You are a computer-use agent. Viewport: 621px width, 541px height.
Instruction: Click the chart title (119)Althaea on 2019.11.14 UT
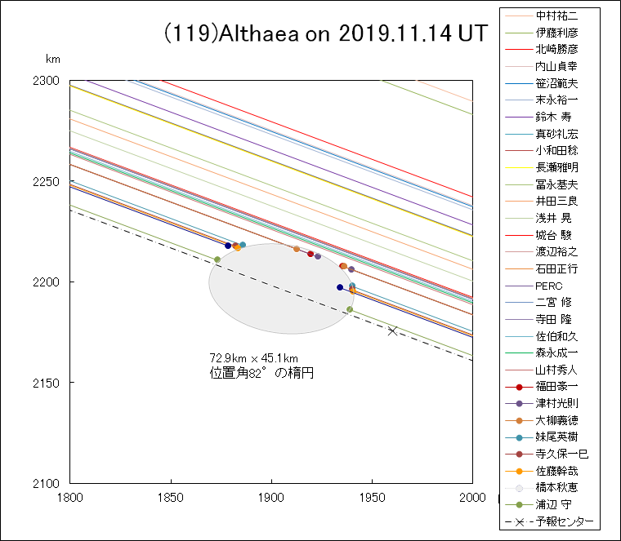click(x=325, y=34)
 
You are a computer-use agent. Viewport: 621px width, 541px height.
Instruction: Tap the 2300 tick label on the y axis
click(x=48, y=81)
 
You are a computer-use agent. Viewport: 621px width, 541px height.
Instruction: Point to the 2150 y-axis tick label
click(x=48, y=383)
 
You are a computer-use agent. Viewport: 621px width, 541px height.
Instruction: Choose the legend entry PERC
click(x=548, y=286)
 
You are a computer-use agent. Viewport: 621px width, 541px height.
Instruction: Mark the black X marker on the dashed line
click(x=393, y=330)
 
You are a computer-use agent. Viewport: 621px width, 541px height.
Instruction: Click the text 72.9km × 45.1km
click(x=253, y=358)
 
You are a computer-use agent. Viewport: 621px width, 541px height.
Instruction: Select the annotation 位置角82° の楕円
click(x=261, y=373)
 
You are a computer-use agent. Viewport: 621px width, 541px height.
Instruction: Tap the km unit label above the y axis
click(x=53, y=60)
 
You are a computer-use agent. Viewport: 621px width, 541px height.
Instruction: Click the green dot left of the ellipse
click(x=217, y=259)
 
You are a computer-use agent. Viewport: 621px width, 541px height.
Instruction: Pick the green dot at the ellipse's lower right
click(x=350, y=309)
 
